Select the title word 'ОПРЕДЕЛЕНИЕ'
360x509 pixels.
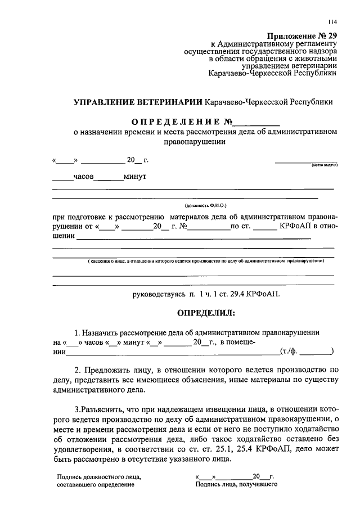[176, 122]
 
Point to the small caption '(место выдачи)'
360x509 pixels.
[323, 165]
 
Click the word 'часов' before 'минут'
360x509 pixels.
[83, 177]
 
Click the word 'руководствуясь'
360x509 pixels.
[159, 294]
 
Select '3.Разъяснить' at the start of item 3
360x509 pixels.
[100, 408]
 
